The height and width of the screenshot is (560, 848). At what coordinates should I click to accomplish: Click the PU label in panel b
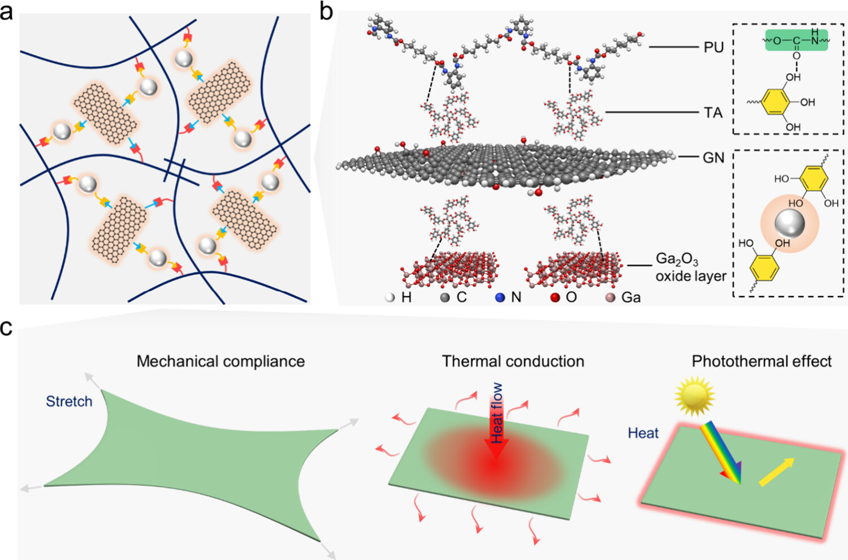coord(713,47)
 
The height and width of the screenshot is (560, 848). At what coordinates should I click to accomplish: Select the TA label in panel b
coord(713,113)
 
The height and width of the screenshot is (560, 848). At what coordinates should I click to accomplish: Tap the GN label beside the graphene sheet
coord(713,158)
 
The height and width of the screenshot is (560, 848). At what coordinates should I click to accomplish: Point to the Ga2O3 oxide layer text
coord(690,267)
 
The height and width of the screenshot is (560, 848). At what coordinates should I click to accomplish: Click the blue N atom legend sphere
coord(500,297)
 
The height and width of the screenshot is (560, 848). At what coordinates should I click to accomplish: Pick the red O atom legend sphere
coord(555,297)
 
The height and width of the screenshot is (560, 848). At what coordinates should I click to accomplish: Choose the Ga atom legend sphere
coord(610,297)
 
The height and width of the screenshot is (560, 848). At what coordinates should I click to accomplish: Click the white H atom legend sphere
coord(390,297)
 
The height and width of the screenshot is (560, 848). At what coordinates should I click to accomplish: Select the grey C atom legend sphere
coord(445,297)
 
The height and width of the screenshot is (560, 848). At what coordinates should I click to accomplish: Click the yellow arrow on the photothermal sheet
coord(776,472)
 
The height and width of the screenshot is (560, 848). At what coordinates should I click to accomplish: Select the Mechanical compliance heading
coord(220,362)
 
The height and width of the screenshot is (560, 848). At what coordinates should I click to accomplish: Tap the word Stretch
coord(69,401)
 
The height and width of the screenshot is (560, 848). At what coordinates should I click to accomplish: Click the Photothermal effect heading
coord(762,362)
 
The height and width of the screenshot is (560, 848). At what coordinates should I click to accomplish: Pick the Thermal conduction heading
coord(513,362)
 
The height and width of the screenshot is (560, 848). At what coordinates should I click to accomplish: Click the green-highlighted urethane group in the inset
coord(797,41)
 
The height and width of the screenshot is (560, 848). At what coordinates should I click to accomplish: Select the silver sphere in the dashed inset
coord(789,224)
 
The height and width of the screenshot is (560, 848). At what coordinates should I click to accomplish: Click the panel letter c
coord(6,328)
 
